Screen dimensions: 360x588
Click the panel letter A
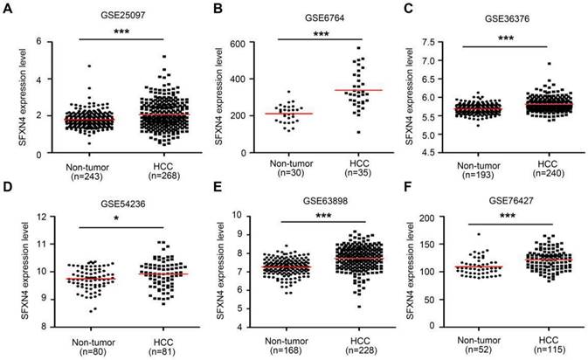pyautogui.click(x=8, y=9)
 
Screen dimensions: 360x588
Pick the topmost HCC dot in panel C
pyautogui.click(x=550, y=64)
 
